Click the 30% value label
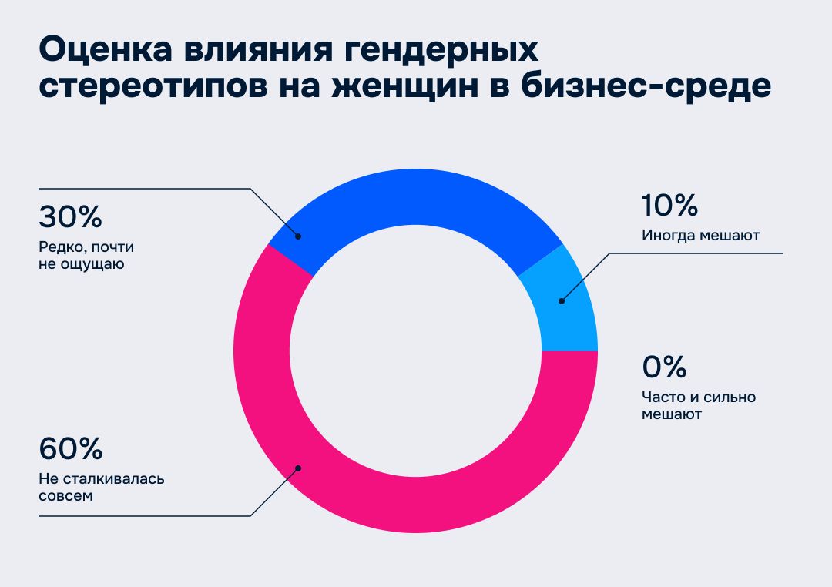(70, 217)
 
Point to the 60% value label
(70, 448)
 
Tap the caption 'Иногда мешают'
(700, 236)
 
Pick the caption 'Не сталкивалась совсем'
(102, 487)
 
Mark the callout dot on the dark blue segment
(298, 236)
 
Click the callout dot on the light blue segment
(561, 300)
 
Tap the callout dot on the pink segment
(298, 468)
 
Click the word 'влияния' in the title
(257, 50)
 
